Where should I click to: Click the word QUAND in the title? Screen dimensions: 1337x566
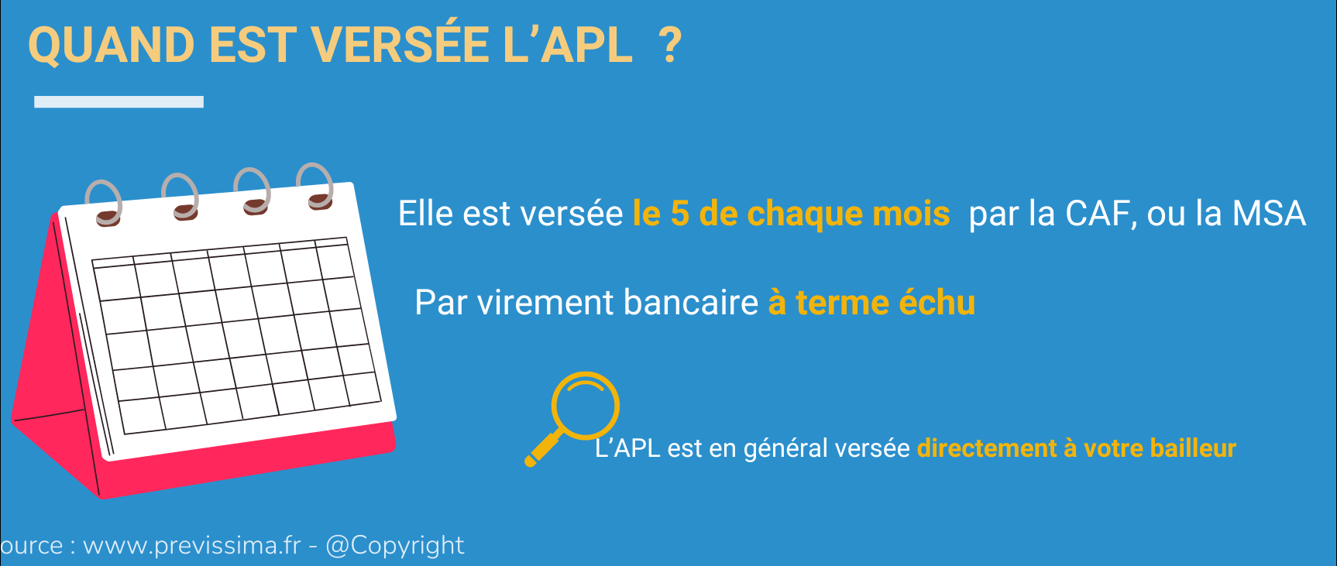[x=112, y=46]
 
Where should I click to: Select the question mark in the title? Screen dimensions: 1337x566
[x=669, y=45]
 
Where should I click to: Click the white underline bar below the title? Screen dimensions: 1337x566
[x=119, y=101]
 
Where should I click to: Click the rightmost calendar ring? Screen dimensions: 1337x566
[x=315, y=186]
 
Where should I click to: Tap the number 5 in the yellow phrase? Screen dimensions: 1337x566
[x=679, y=214]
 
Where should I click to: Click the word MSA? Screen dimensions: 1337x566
[x=1269, y=214]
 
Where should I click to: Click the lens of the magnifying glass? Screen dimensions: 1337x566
[x=586, y=405]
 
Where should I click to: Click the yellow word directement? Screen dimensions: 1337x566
[x=987, y=448]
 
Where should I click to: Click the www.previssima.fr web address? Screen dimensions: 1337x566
[x=191, y=546]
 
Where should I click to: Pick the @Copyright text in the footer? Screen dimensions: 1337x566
[x=395, y=547]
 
